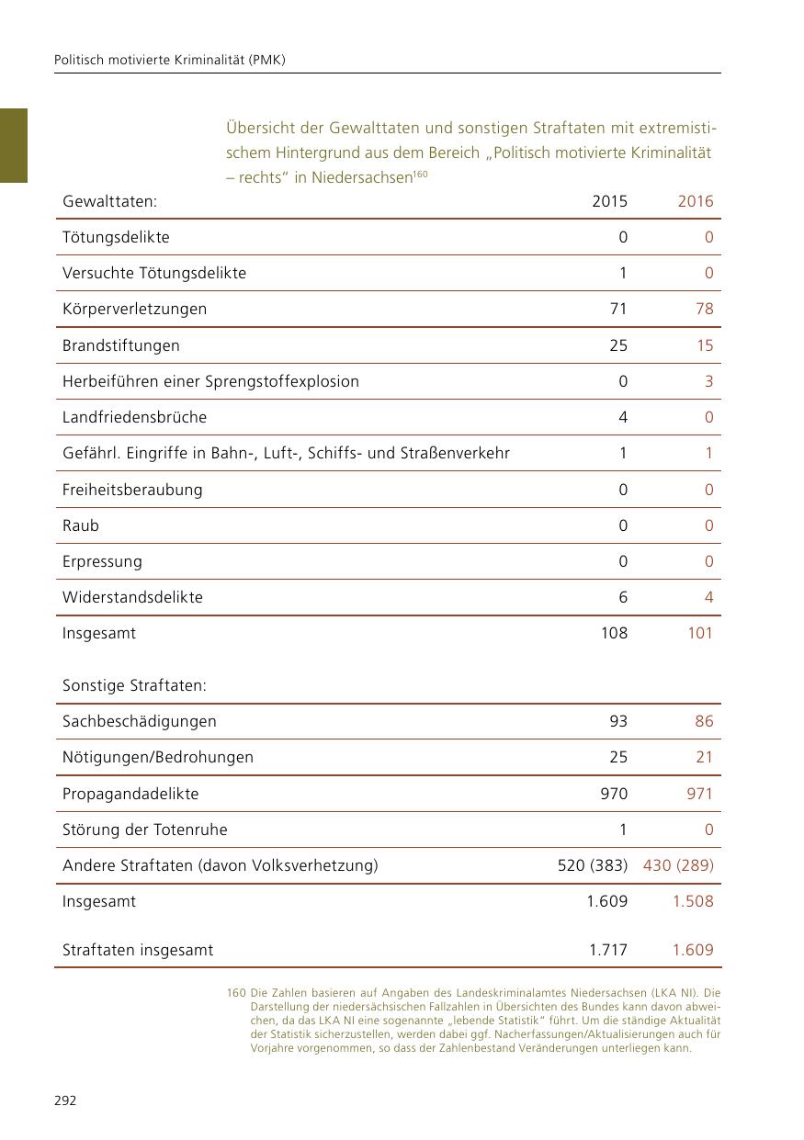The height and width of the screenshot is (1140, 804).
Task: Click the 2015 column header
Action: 610,201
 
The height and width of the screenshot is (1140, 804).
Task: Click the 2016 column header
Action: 696,201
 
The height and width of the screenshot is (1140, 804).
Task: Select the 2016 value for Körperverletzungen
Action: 705,309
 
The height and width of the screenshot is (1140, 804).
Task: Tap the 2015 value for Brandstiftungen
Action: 618,345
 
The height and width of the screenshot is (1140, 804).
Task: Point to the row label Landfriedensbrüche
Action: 134,417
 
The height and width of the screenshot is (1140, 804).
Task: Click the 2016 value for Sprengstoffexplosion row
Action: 708,381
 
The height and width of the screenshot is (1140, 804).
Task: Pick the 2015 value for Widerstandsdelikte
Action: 623,597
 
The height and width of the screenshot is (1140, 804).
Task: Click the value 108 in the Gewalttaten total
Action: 614,633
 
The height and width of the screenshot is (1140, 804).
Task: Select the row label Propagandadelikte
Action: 130,794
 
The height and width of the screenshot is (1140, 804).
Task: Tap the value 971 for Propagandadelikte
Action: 699,794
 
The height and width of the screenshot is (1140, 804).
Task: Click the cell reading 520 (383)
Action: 593,865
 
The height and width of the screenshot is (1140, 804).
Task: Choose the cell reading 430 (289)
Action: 678,865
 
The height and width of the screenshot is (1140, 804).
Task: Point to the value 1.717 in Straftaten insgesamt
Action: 608,950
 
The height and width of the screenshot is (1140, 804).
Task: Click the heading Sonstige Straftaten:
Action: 134,686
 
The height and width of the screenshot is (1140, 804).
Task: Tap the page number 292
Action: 65,1100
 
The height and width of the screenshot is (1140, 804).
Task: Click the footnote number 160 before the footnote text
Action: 235,993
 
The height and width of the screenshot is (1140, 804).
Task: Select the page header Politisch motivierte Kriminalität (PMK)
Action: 170,60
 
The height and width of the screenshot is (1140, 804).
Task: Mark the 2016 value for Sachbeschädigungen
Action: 704,721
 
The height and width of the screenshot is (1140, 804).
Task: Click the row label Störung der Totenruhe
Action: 145,830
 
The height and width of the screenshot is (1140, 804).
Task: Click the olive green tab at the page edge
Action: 14,145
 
